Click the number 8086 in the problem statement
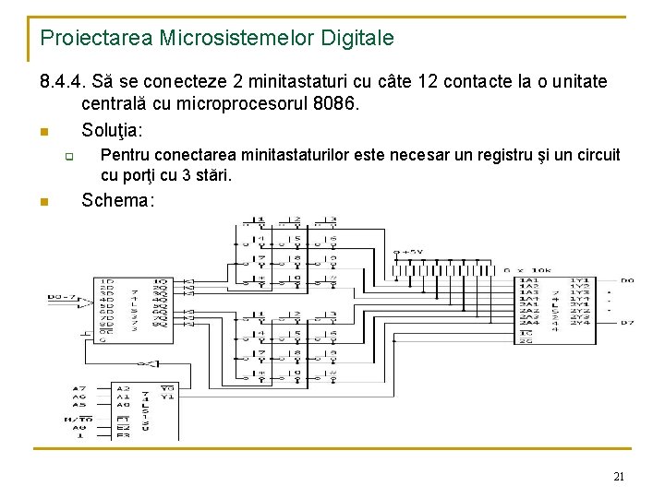click(334, 104)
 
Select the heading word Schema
click(117, 200)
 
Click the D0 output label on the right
click(627, 279)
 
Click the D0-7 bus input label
click(62, 298)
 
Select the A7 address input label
click(79, 388)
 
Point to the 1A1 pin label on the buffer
click(529, 279)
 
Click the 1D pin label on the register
click(108, 280)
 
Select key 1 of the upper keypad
click(260, 220)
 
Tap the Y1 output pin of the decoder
click(166, 397)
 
